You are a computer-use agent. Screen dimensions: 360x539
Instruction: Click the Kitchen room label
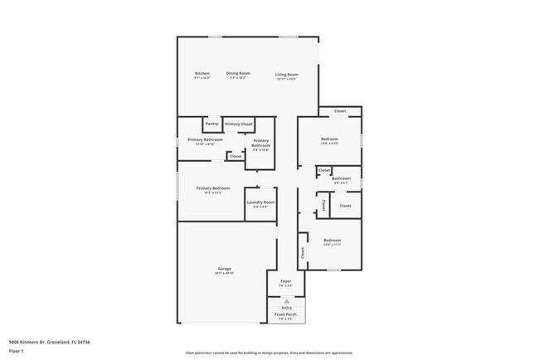pos(202,74)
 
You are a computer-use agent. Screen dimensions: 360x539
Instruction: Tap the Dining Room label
pos(238,73)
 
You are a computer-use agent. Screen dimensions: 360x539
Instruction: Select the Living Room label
pos(287,75)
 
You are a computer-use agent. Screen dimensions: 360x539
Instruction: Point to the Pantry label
pos(211,124)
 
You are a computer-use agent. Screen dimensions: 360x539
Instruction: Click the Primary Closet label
pos(239,124)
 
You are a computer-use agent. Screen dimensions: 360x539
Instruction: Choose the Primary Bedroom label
pos(213,188)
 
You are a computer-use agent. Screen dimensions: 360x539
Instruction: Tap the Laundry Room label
pos(260,202)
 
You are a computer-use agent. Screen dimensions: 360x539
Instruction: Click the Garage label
pos(225,269)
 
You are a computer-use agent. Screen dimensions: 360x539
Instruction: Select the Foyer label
pos(286,282)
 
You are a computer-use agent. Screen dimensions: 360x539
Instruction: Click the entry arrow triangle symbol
pos(286,301)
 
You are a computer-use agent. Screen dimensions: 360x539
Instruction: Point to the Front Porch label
pos(286,315)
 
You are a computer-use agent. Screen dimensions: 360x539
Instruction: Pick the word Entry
pos(286,308)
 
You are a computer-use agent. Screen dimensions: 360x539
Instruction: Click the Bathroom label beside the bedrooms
pos(342,178)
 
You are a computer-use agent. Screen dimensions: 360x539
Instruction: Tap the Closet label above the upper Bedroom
pos(340,111)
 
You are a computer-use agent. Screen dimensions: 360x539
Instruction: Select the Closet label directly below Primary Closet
pos(236,156)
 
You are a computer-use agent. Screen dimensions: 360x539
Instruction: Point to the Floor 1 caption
pos(17,351)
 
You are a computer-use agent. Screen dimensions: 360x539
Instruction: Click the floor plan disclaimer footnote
pos(269,353)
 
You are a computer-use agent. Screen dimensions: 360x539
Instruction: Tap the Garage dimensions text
pos(225,274)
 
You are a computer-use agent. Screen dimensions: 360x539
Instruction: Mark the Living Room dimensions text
pos(287,79)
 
